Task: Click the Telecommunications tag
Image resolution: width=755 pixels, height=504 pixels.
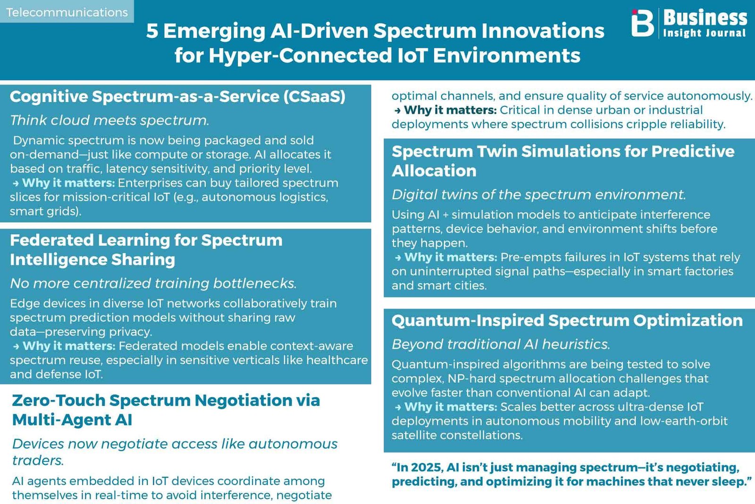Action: click(x=67, y=12)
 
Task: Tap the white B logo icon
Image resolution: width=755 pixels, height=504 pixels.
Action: click(x=642, y=23)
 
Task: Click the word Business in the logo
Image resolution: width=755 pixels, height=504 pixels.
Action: click(x=705, y=17)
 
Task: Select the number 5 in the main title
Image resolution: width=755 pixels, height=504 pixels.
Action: click(x=152, y=31)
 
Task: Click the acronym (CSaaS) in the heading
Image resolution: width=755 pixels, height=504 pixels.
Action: click(x=314, y=97)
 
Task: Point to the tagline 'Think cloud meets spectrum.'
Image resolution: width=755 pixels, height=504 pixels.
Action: click(x=109, y=120)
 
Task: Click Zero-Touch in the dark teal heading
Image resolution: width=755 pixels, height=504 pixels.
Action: click(x=59, y=401)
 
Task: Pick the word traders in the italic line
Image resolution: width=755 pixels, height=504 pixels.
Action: click(x=38, y=460)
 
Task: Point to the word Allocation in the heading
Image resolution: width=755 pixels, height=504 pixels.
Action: click(x=434, y=171)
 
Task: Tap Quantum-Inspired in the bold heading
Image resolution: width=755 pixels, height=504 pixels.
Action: click(x=468, y=320)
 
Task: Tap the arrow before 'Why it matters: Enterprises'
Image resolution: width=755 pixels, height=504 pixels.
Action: click(x=16, y=184)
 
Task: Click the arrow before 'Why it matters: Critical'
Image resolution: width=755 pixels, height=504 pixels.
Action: click(x=398, y=111)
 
